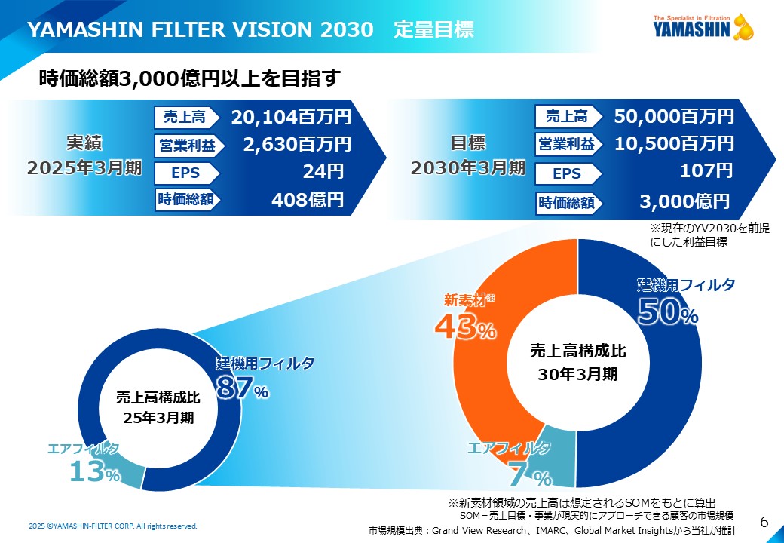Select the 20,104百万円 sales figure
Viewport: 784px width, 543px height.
point(291,117)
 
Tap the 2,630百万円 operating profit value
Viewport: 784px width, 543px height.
point(297,144)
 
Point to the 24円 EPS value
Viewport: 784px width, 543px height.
point(323,172)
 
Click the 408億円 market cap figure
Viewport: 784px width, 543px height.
point(307,200)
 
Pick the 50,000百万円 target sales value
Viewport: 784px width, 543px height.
point(674,116)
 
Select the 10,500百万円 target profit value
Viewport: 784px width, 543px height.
point(674,143)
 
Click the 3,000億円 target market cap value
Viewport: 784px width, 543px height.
point(684,201)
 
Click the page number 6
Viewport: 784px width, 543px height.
point(764,522)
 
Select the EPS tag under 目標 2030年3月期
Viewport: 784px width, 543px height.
point(567,174)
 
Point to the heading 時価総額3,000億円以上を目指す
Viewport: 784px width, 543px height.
point(190,78)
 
